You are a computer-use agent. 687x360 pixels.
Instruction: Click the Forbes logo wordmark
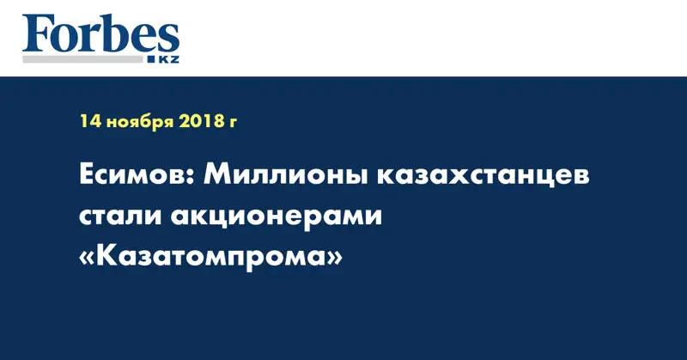click(100, 35)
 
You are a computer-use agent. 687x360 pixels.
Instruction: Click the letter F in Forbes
click(35, 35)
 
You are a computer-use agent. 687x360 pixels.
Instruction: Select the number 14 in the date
click(90, 122)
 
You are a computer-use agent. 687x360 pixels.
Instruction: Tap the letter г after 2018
click(233, 124)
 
